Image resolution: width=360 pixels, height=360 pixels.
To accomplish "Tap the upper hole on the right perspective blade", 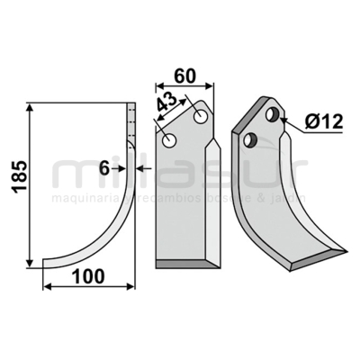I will [273, 114].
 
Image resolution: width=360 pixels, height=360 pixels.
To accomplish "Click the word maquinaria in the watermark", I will [80, 197].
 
